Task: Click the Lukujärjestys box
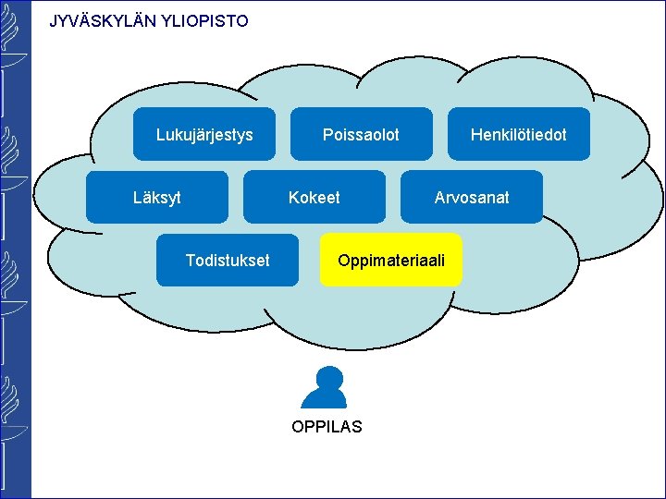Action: (x=204, y=135)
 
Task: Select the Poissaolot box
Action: (x=362, y=135)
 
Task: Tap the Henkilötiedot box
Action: (x=519, y=135)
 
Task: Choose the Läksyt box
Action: (x=157, y=197)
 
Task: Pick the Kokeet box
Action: (x=314, y=197)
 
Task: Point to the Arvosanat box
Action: (x=472, y=197)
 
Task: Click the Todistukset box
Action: (x=228, y=260)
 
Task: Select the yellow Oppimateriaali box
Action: (x=391, y=260)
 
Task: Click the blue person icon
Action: (x=326, y=388)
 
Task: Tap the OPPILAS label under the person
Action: (x=327, y=427)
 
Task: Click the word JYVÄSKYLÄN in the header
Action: (x=103, y=20)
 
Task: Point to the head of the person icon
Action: (x=327, y=378)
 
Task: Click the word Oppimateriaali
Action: (x=391, y=261)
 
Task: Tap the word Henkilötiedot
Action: (x=518, y=135)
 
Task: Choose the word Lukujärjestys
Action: (x=204, y=136)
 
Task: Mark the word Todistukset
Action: (x=228, y=261)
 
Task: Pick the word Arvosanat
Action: (x=472, y=198)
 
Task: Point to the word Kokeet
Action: (x=314, y=198)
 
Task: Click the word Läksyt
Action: (x=157, y=198)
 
